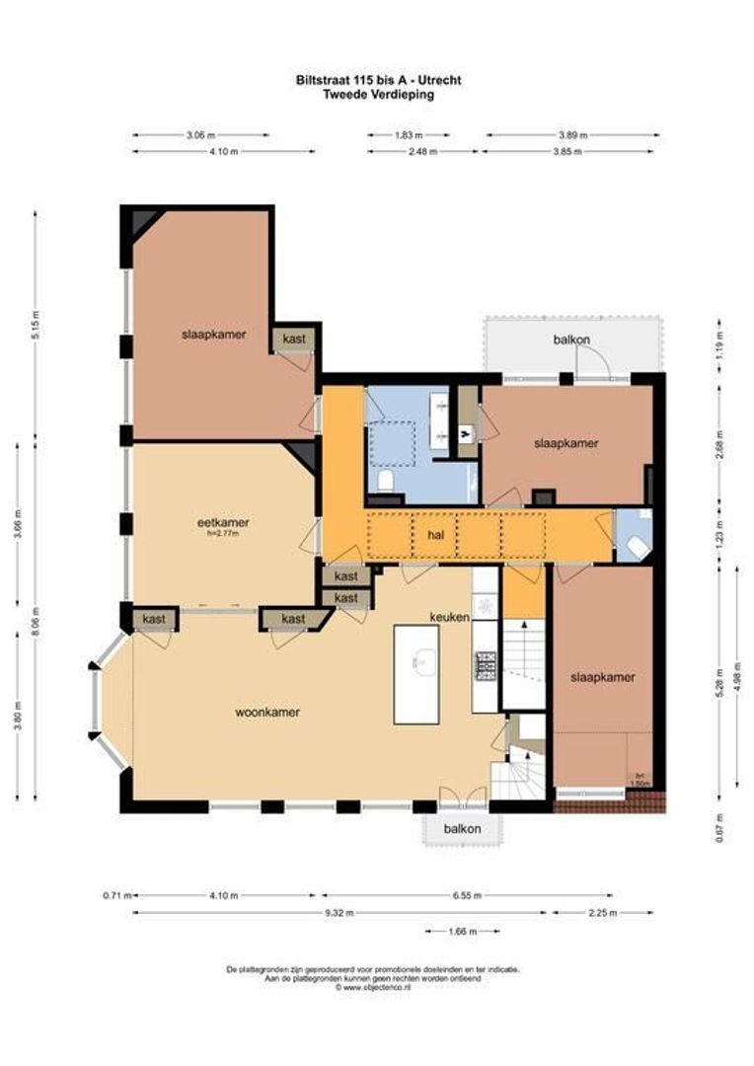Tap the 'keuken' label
(447, 616)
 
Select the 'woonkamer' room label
(266, 712)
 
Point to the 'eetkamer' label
(222, 522)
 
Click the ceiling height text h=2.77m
(222, 534)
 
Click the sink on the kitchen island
(417, 661)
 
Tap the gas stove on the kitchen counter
(485, 667)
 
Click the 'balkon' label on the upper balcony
(571, 341)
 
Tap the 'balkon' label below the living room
(462, 829)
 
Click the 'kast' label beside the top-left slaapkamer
(294, 338)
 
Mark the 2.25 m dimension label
(603, 913)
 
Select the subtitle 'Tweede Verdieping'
(378, 95)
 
